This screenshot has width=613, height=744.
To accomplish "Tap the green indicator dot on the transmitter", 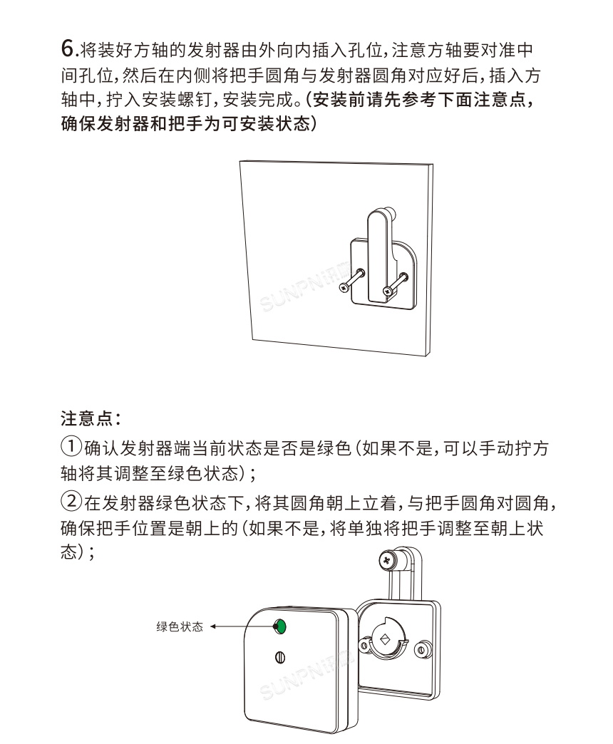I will click(280, 626).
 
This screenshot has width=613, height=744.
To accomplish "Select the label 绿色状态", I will click(179, 627).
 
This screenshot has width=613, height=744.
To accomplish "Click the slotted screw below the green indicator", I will click(280, 656).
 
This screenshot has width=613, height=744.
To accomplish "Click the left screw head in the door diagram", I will click(345, 287).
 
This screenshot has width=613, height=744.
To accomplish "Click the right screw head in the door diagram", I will click(388, 290).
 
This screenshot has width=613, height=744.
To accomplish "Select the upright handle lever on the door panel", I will click(377, 249).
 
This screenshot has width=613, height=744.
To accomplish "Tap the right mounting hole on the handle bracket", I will click(424, 649).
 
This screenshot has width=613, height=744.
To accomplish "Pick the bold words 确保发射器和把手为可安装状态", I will click(187, 123).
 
